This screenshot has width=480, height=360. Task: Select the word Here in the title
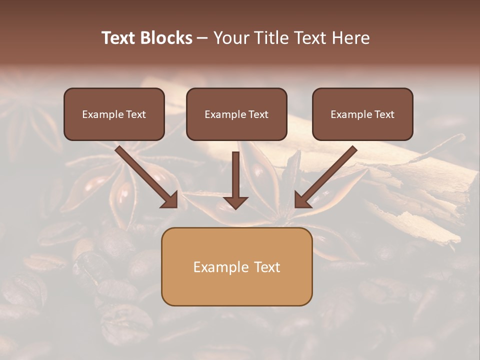pos(349,38)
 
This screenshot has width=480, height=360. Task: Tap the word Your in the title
pos(231,38)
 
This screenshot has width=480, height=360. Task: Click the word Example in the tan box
pos(220,267)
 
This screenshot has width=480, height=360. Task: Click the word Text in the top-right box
pos(384,114)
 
